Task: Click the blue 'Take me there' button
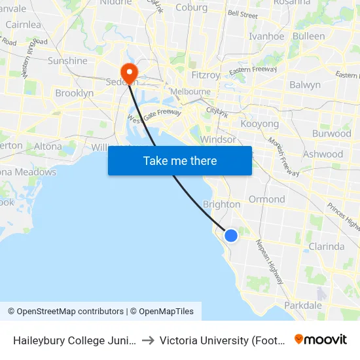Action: pyautogui.click(x=180, y=160)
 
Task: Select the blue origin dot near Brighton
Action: pyautogui.click(x=231, y=235)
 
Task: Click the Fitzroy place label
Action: pyautogui.click(x=207, y=75)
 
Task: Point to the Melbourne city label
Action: pyautogui.click(x=190, y=92)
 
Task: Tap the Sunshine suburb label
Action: pyautogui.click(x=67, y=61)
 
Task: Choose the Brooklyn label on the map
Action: pyautogui.click(x=75, y=94)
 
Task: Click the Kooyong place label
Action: pyautogui.click(x=260, y=124)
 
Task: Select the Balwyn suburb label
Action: pyautogui.click(x=305, y=85)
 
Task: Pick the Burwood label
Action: pyautogui.click(x=332, y=134)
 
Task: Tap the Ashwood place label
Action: pyautogui.click(x=323, y=154)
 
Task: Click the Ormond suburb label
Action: pyautogui.click(x=266, y=199)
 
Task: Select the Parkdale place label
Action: pyautogui.click(x=303, y=305)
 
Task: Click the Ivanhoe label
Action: pyautogui.click(x=266, y=37)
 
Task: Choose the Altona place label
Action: pyautogui.click(x=47, y=146)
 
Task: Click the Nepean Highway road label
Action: pyautogui.click(x=270, y=261)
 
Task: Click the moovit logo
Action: pyautogui.click(x=320, y=340)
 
